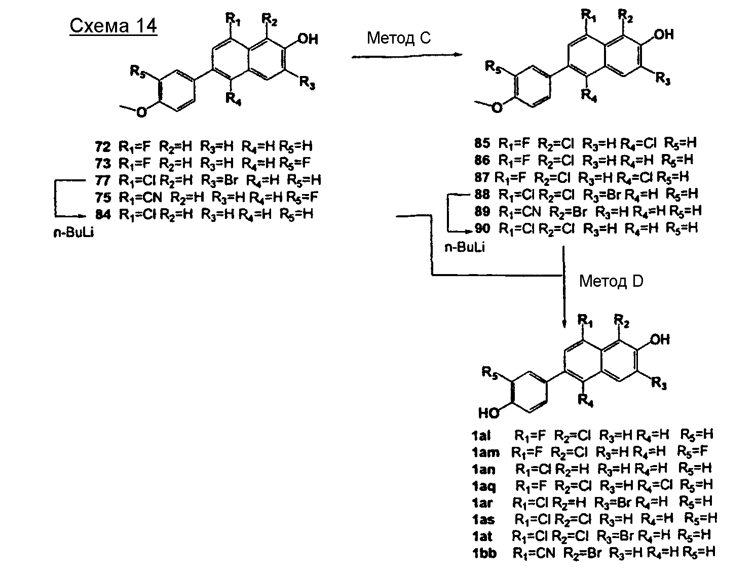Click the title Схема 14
(113, 26)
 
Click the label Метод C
(399, 38)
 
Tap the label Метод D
(611, 281)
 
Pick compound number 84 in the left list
(102, 214)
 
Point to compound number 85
(482, 143)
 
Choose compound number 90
(482, 228)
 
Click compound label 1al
(480, 435)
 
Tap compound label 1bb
(484, 553)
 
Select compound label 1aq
(483, 486)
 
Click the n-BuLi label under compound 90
(464, 248)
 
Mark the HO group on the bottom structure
(488, 413)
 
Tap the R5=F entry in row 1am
(692, 451)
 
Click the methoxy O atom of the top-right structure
(498, 107)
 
